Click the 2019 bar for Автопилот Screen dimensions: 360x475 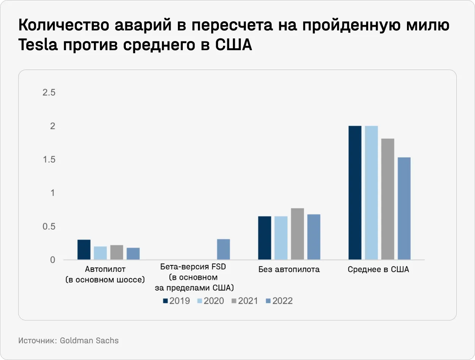point(84,250)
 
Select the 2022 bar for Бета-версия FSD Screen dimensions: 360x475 point(223,249)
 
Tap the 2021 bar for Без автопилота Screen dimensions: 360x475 point(298,234)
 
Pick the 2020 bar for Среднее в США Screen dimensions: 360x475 point(371,193)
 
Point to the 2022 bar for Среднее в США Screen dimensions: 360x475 point(404,209)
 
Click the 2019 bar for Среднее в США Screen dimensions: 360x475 point(355,193)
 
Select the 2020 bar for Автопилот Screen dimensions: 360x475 point(100,253)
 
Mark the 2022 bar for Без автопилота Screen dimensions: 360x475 point(314,237)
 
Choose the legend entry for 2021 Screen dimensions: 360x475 point(244,301)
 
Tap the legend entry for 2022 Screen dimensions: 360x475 point(279,301)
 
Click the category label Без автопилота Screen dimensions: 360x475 point(289,270)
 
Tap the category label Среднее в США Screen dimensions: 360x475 point(378,270)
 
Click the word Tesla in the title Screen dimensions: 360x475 point(38,45)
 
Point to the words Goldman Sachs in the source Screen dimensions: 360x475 point(89,341)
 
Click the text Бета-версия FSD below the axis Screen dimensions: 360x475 point(193,267)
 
